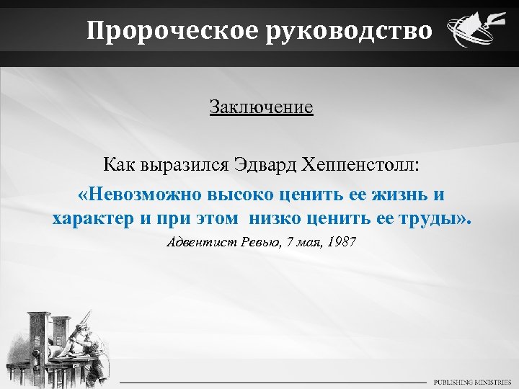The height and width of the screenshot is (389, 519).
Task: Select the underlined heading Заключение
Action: (x=261, y=107)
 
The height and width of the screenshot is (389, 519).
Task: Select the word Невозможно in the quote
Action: (x=141, y=194)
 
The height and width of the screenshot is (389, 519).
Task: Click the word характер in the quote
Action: (x=93, y=218)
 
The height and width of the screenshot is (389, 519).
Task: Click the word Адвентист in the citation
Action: (x=198, y=241)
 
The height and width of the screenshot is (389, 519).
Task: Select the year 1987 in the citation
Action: (x=341, y=241)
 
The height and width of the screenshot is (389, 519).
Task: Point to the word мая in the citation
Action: (x=304, y=241)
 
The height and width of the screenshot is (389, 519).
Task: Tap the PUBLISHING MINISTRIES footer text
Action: (x=471, y=381)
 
